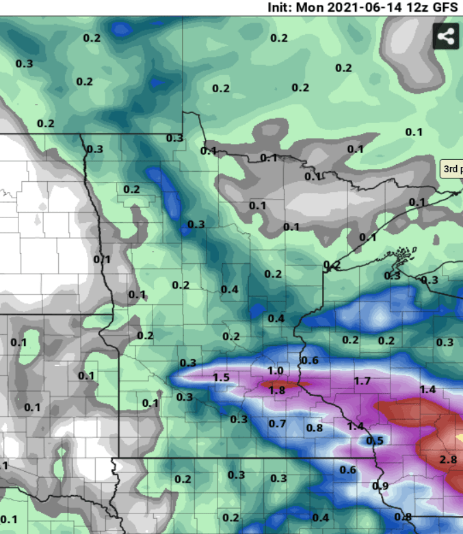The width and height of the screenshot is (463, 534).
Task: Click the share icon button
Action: tap(446, 36)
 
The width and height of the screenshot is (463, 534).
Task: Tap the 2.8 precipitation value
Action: tap(448, 459)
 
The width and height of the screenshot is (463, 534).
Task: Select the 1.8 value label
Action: tap(277, 390)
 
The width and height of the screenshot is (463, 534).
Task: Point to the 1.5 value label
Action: tap(221, 377)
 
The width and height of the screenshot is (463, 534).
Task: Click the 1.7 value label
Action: tap(362, 380)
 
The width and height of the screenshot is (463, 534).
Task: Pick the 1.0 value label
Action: tap(275, 371)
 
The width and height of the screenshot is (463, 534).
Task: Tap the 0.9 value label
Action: tap(380, 486)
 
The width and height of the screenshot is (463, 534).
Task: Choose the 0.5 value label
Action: tap(375, 440)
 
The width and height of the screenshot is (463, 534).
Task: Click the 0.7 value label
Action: tap(277, 424)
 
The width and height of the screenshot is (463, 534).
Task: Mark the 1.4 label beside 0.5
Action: tap(356, 426)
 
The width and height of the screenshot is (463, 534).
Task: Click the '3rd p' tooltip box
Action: tap(452, 169)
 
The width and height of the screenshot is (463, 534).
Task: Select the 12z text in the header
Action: tap(416, 9)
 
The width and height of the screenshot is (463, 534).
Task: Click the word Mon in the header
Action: tap(316, 9)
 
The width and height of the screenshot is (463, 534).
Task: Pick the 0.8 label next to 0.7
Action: tap(314, 428)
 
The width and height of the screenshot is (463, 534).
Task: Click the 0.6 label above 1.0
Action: tap(310, 360)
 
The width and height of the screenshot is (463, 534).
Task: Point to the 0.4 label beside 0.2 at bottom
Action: tap(320, 517)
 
